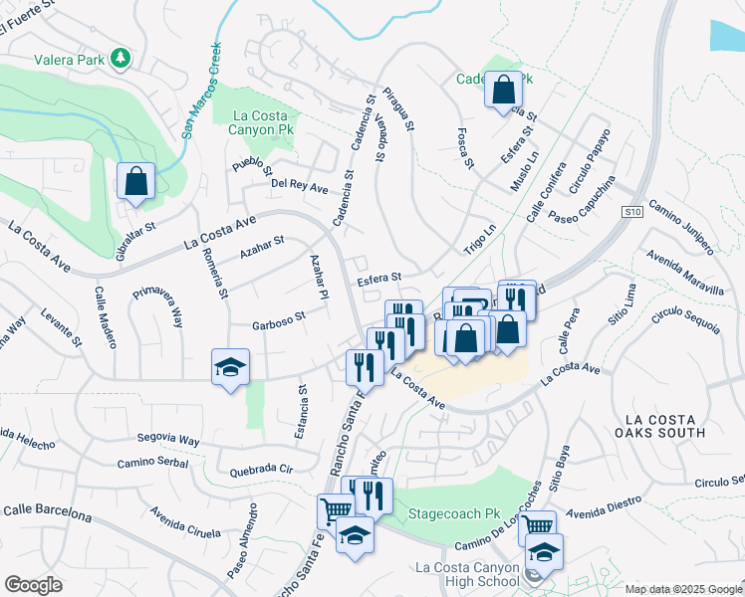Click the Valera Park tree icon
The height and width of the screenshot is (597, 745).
click(121, 59)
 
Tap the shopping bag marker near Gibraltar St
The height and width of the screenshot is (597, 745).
click(135, 182)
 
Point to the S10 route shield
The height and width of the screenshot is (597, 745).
click(631, 212)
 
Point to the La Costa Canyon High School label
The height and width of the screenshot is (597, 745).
click(468, 574)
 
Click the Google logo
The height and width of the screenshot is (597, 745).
click(34, 584)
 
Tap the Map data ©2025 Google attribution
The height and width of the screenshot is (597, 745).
click(683, 589)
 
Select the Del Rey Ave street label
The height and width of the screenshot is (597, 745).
click(300, 186)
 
